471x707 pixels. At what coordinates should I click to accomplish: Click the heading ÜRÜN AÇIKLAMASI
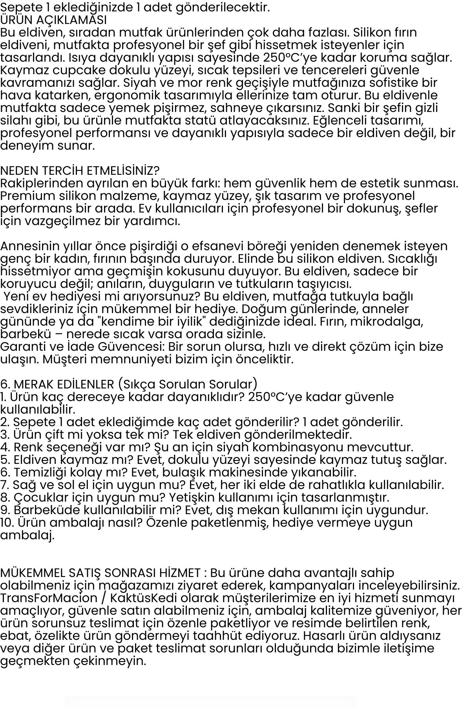53,20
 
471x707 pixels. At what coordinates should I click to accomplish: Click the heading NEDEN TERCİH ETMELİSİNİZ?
80,171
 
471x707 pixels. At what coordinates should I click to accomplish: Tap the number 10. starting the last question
7,523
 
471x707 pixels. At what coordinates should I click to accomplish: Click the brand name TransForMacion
49,598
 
